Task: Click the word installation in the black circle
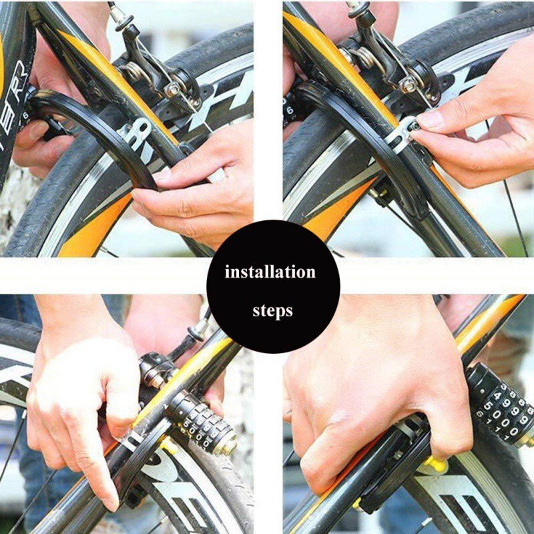(x=270, y=272)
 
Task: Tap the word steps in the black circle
(x=272, y=311)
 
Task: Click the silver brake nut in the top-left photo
(x=173, y=89)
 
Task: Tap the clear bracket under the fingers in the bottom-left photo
(x=133, y=440)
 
